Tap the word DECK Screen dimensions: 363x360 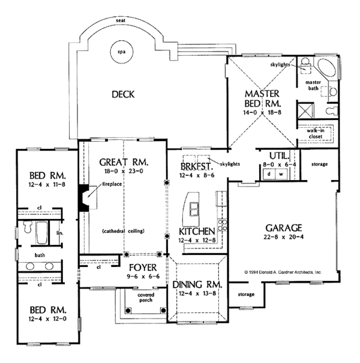(122, 94)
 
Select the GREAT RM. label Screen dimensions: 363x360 (123, 162)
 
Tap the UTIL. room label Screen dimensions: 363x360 (275, 154)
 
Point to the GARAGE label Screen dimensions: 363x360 (284, 227)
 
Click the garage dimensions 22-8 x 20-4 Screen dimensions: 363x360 (284, 237)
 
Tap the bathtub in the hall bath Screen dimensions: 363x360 (41, 233)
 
